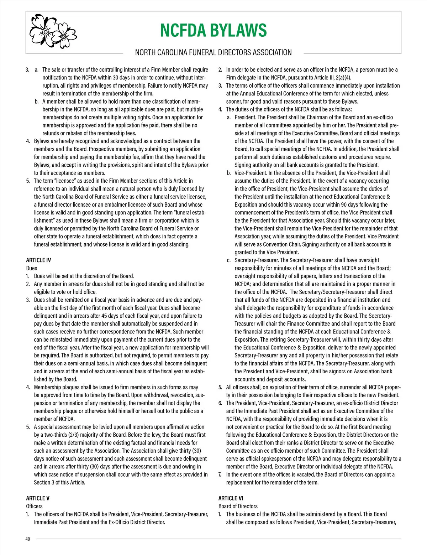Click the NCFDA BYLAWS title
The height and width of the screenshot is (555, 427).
tap(213, 31)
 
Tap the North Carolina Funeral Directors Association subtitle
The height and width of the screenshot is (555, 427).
tap(213, 53)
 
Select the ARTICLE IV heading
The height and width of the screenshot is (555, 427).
tap(38, 260)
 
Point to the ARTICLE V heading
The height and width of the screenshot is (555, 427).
tap(38, 498)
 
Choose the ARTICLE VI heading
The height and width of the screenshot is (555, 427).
tap(231, 498)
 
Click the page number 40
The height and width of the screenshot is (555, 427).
tap(28, 539)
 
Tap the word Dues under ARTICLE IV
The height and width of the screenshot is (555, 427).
tap(32, 268)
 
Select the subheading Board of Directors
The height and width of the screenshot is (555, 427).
tap(238, 506)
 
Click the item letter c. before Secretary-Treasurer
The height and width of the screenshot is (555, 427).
tap(229, 260)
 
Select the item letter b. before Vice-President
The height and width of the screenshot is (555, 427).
tap(229, 173)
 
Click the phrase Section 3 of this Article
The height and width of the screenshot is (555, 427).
tap(59, 483)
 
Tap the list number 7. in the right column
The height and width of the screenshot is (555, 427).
tap(220, 474)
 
